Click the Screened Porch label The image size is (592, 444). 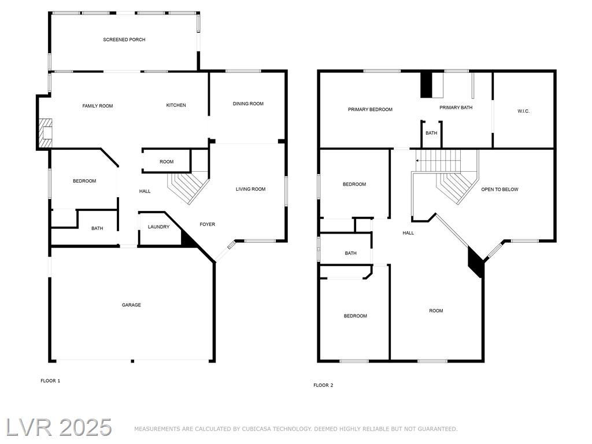pyautogui.click(x=124, y=40)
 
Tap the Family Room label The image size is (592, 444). pyautogui.click(x=97, y=106)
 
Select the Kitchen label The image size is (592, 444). pyautogui.click(x=176, y=105)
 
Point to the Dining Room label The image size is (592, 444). pyautogui.click(x=248, y=104)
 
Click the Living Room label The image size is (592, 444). pyautogui.click(x=250, y=189)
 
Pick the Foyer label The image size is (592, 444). pyautogui.click(x=208, y=224)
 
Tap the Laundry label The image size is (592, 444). pyautogui.click(x=158, y=227)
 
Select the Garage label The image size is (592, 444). pyautogui.click(x=131, y=305)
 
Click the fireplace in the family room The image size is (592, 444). pyautogui.click(x=45, y=134)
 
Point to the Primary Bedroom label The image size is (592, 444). pyautogui.click(x=370, y=109)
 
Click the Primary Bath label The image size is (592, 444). pyautogui.click(x=456, y=108)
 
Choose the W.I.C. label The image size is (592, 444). pyautogui.click(x=523, y=112)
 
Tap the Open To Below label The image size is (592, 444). pyautogui.click(x=499, y=190)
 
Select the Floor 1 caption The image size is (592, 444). pyautogui.click(x=50, y=381)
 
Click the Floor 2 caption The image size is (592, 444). pyautogui.click(x=323, y=386)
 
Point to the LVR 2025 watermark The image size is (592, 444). pyautogui.click(x=59, y=428)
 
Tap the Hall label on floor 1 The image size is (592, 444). pyautogui.click(x=145, y=191)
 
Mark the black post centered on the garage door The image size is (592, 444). pyautogui.click(x=132, y=361)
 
